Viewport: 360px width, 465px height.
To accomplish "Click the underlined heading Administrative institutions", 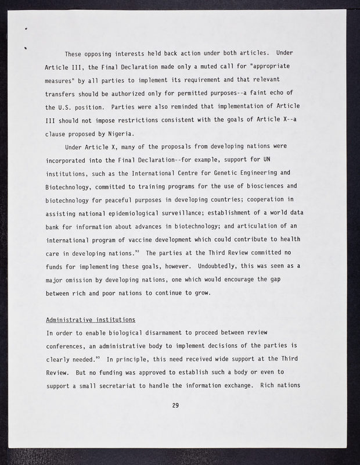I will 91,320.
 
